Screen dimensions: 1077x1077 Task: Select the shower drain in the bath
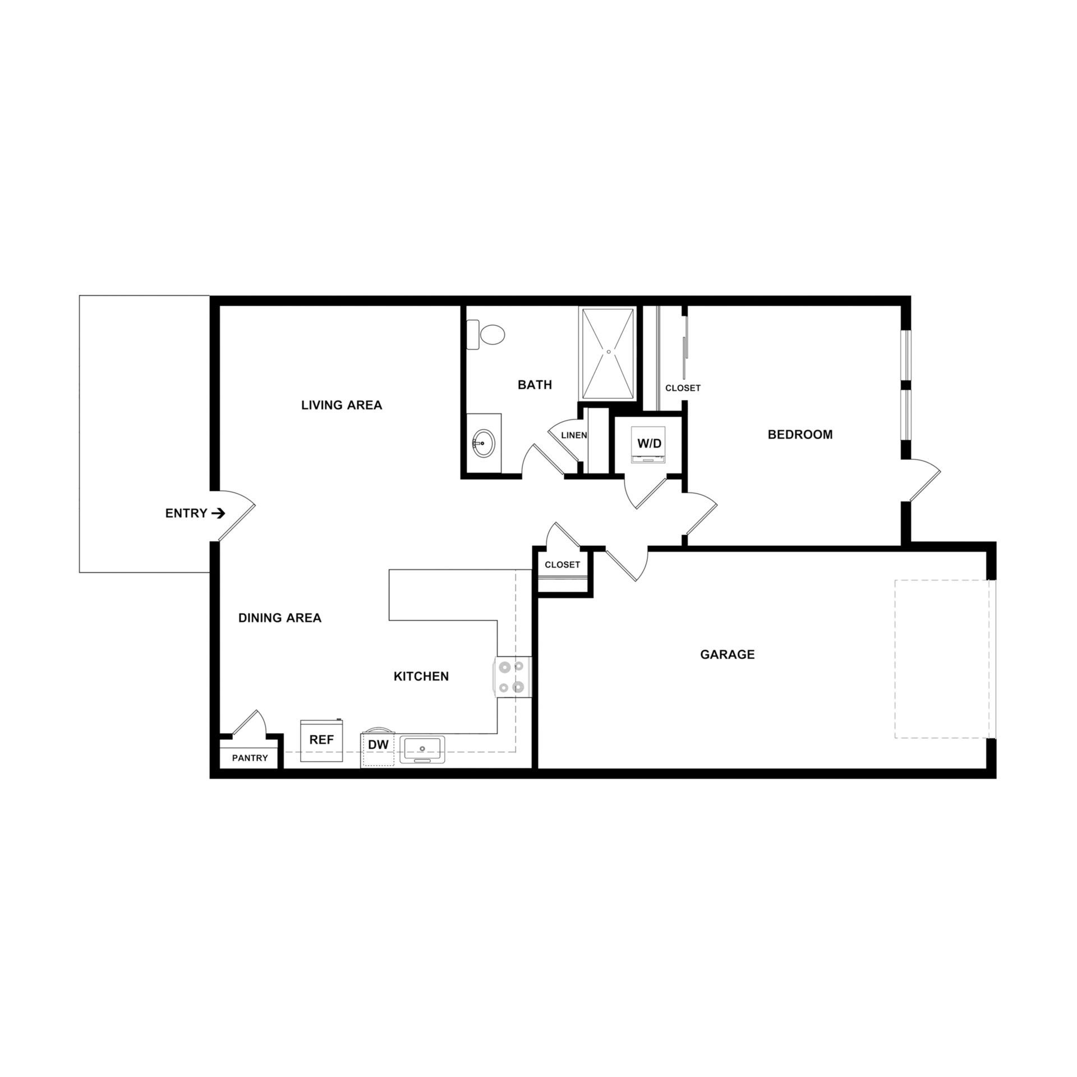click(x=608, y=352)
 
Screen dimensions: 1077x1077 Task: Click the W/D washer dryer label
click(x=649, y=443)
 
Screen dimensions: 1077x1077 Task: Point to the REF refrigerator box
click(x=321, y=740)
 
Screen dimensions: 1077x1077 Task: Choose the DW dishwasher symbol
click(x=378, y=745)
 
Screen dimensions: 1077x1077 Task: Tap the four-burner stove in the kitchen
click(x=512, y=676)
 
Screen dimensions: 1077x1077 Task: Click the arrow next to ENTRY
click(x=219, y=513)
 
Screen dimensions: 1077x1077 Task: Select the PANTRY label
click(x=250, y=758)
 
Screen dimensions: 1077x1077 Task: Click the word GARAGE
click(x=727, y=654)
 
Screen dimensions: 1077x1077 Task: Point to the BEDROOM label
click(x=800, y=434)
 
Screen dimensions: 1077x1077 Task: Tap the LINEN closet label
click(x=574, y=435)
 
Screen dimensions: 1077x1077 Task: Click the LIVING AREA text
click(x=341, y=405)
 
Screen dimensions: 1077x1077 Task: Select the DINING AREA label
click(x=280, y=618)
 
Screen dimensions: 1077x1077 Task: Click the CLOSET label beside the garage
click(x=562, y=565)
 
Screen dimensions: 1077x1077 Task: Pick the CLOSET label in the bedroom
click(x=683, y=388)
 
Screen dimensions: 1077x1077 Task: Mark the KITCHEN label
click(x=421, y=676)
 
